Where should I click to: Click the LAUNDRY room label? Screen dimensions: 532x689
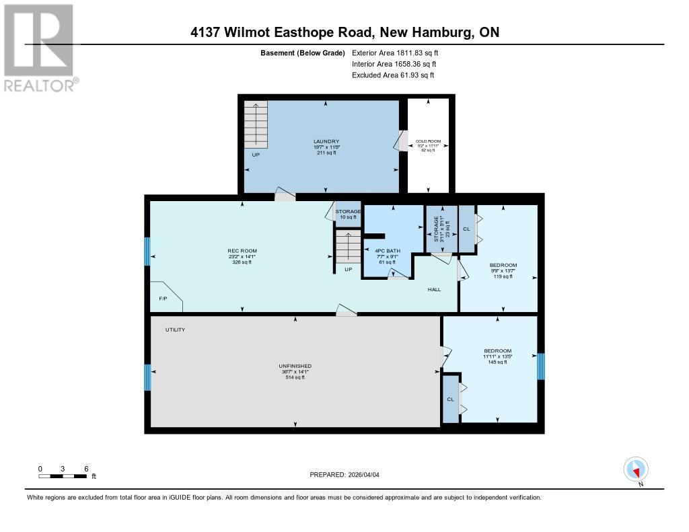coord(326,141)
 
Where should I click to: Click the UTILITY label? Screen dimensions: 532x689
coord(176,330)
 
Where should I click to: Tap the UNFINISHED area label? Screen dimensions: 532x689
coord(295,366)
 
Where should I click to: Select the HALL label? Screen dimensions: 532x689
coord(434,289)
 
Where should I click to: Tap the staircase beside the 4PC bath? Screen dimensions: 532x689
coord(349,248)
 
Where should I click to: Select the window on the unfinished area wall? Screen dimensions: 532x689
coord(147,377)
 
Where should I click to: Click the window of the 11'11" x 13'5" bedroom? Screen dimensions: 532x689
coord(540,367)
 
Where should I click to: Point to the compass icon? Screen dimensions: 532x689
coord(636,469)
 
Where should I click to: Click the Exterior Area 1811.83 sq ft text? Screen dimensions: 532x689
coord(395,52)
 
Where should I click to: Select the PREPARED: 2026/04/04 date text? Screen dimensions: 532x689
coord(344,475)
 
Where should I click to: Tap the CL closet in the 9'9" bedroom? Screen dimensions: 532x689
coord(466,229)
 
